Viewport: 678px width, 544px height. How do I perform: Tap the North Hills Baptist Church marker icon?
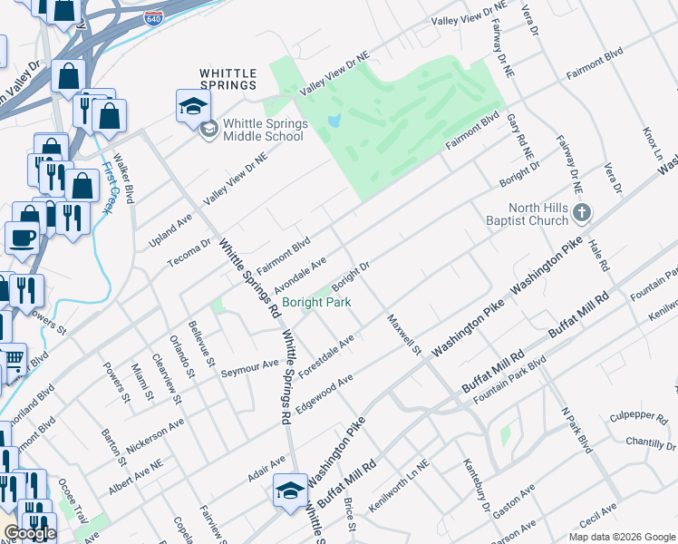[582, 214]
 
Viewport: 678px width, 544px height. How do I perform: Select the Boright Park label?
[316, 302]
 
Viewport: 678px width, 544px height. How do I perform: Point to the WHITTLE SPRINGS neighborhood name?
[228, 78]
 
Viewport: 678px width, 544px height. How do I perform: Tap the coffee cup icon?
[24, 238]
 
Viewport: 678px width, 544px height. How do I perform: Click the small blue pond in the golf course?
[334, 120]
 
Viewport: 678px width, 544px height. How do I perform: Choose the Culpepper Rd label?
[639, 415]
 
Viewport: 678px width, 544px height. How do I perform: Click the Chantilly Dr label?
[651, 442]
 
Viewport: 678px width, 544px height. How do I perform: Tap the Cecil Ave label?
[598, 515]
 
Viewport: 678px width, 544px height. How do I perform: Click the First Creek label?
[108, 187]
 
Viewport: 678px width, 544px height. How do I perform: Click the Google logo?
[30, 533]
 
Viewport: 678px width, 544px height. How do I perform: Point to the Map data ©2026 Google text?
[622, 537]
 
